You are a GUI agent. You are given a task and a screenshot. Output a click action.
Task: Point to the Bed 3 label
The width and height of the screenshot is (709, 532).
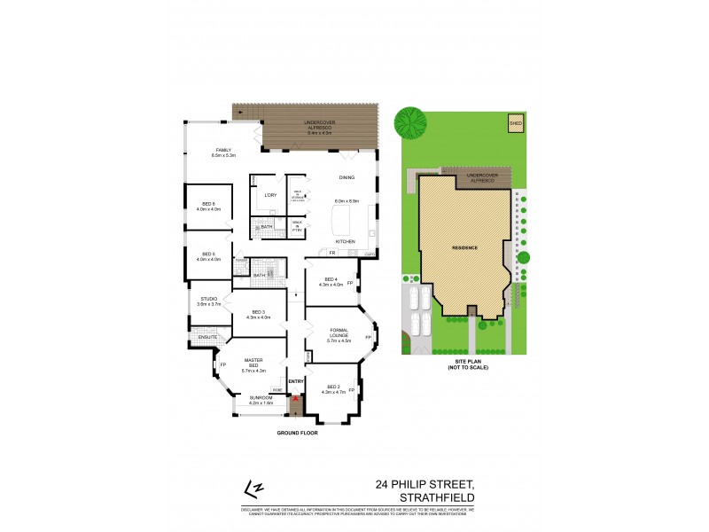pyautogui.click(x=259, y=312)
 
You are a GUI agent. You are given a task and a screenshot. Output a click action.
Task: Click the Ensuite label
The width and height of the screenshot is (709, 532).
pyautogui.click(x=207, y=338)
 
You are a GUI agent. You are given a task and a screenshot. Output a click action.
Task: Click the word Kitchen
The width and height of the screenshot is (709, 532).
pyautogui.click(x=345, y=241)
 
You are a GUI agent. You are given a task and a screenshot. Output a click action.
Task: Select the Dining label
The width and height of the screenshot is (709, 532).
pyautogui.click(x=347, y=178)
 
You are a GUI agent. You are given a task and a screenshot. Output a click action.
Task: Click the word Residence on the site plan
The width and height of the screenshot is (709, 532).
pyautogui.click(x=465, y=247)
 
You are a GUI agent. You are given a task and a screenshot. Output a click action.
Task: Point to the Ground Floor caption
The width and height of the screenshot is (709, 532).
pyautogui.click(x=297, y=433)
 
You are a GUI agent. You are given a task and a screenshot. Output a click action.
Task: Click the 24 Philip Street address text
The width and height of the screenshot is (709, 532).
pyautogui.click(x=425, y=485)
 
